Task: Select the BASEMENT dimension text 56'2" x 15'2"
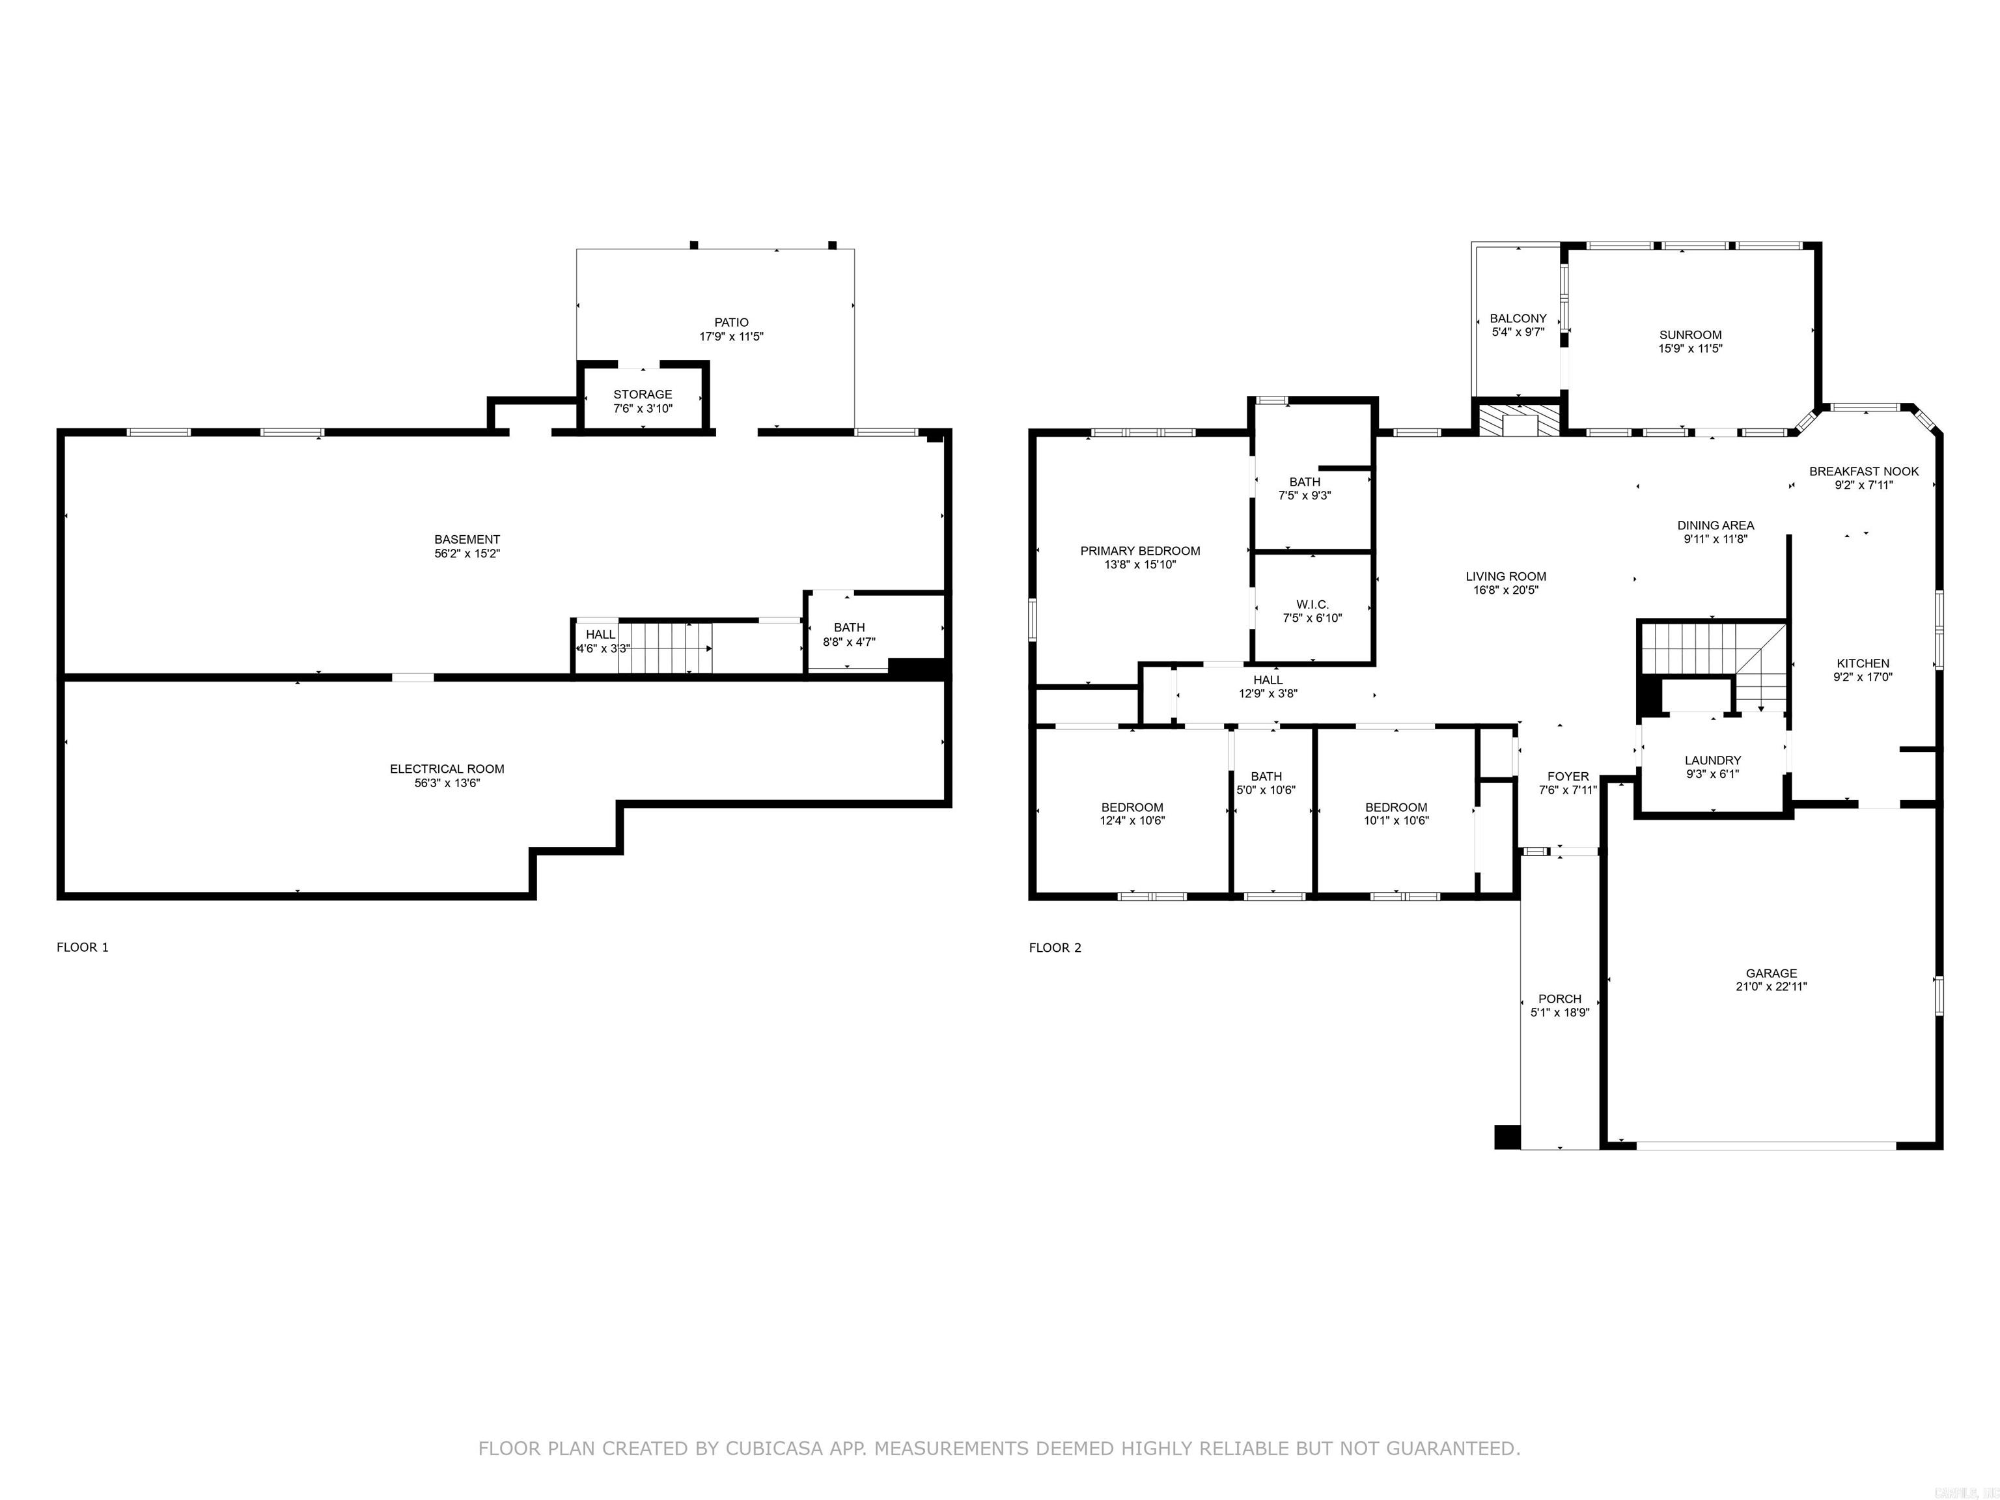(467, 553)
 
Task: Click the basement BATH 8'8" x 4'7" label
(848, 635)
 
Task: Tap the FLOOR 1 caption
(82, 947)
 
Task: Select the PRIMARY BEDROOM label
(1139, 551)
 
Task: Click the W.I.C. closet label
(1312, 605)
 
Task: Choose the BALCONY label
(1518, 318)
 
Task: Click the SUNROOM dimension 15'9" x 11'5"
(1690, 348)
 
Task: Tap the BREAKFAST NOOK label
(1863, 471)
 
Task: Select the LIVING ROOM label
(1505, 576)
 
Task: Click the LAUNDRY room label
(1712, 760)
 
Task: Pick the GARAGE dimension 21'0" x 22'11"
(1770, 986)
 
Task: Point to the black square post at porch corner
(1507, 1137)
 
